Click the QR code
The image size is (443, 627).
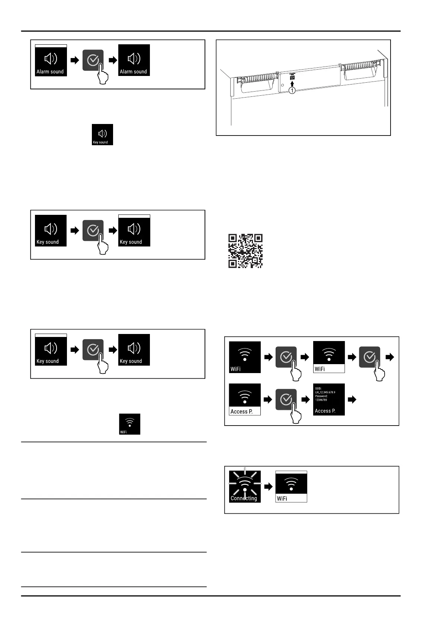[245, 251]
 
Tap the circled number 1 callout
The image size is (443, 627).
[292, 90]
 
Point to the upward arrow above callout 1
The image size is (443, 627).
[292, 84]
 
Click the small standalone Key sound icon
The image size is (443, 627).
[102, 134]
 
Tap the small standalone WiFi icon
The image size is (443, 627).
[129, 424]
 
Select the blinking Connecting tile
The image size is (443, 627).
[244, 486]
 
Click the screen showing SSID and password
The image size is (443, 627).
[329, 399]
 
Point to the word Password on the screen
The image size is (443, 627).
[321, 396]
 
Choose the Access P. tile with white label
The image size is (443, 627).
[244, 399]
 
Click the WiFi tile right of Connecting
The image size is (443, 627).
[291, 486]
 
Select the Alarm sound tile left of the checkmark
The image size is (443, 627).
[51, 60]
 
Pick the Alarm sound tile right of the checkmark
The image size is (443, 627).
[134, 60]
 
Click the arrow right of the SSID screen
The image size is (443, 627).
[351, 400]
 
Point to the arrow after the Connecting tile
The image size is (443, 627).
[268, 486]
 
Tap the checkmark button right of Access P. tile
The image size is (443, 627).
[286, 400]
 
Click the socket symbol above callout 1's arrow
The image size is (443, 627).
[292, 78]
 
